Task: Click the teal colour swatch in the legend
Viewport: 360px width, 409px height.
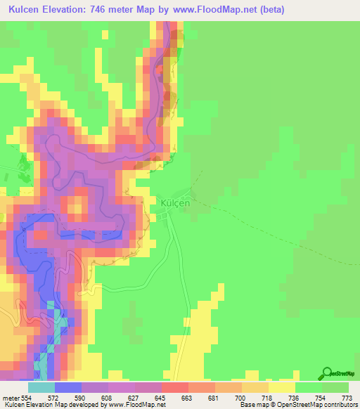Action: (x=41, y=388)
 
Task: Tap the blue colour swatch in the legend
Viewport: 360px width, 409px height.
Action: (x=68, y=388)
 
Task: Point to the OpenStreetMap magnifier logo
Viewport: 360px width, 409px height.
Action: (x=327, y=372)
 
